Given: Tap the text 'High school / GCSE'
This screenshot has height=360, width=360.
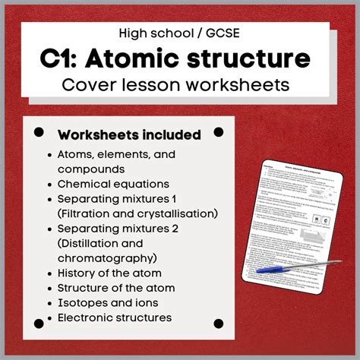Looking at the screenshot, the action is pyautogui.click(x=179, y=33).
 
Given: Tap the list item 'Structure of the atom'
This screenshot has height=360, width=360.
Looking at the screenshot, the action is pyautogui.click(x=116, y=288).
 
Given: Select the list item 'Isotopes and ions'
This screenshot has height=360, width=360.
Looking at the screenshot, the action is pyautogui.click(x=106, y=302).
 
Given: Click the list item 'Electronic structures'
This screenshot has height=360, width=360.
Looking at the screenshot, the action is pyautogui.click(x=115, y=317).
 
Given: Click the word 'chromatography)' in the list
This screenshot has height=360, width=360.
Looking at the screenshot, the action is pyautogui.click(x=102, y=257).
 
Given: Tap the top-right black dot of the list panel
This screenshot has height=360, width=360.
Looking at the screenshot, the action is pyautogui.click(x=219, y=132).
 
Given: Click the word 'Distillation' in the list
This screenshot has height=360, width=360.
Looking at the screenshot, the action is pyautogui.click(x=90, y=243).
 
